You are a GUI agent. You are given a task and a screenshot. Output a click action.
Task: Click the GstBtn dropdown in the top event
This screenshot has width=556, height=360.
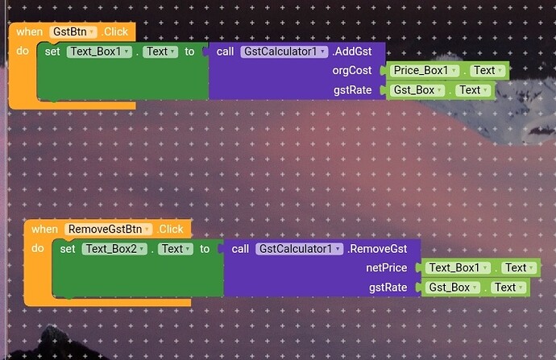click(73, 31)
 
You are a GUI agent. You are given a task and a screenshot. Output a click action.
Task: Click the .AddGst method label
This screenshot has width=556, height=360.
click(352, 52)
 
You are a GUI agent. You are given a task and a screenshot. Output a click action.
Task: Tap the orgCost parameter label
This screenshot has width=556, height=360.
click(352, 71)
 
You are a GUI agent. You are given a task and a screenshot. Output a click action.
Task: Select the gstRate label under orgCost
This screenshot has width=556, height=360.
click(352, 90)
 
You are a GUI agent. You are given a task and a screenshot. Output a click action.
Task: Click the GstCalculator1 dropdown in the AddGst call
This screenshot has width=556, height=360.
click(284, 52)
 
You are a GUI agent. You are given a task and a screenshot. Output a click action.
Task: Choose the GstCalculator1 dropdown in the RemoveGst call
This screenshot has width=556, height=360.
click(299, 249)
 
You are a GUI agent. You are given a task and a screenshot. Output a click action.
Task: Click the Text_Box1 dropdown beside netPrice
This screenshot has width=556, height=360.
click(459, 268)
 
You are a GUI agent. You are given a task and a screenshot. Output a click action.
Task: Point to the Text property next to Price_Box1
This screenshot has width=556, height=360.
click(484, 71)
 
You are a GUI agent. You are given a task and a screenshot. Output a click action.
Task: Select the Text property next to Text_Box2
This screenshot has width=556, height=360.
click(174, 249)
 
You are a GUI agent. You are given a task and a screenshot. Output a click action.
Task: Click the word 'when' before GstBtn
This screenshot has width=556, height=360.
click(29, 31)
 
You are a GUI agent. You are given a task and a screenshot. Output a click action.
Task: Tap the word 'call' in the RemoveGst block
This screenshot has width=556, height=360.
click(240, 249)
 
